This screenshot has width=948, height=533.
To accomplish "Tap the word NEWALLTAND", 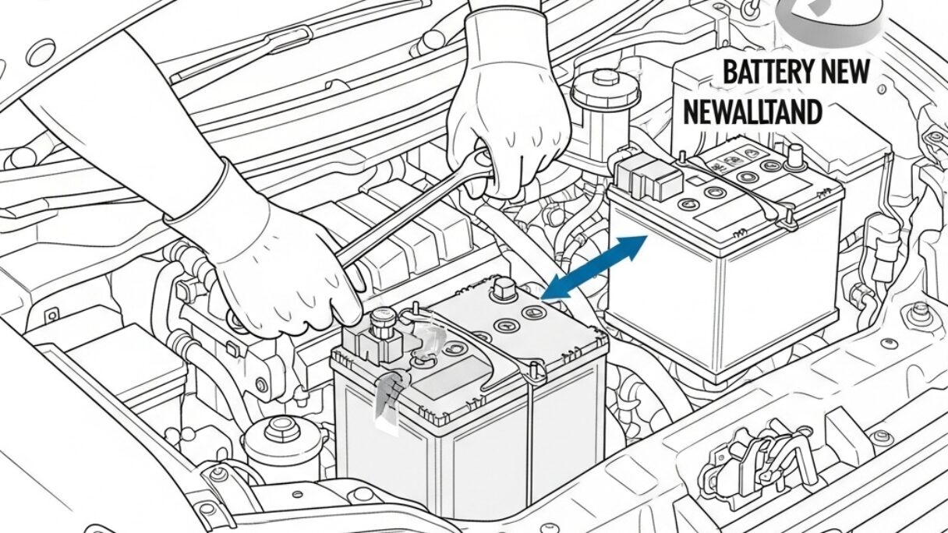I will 752,112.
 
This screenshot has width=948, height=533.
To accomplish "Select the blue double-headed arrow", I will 595,267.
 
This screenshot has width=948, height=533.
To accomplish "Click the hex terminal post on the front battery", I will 501,292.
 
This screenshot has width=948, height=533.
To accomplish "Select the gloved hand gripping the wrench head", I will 511,109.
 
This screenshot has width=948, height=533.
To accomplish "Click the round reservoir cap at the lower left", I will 278,429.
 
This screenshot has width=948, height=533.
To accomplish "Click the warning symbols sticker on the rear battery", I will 729,163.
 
